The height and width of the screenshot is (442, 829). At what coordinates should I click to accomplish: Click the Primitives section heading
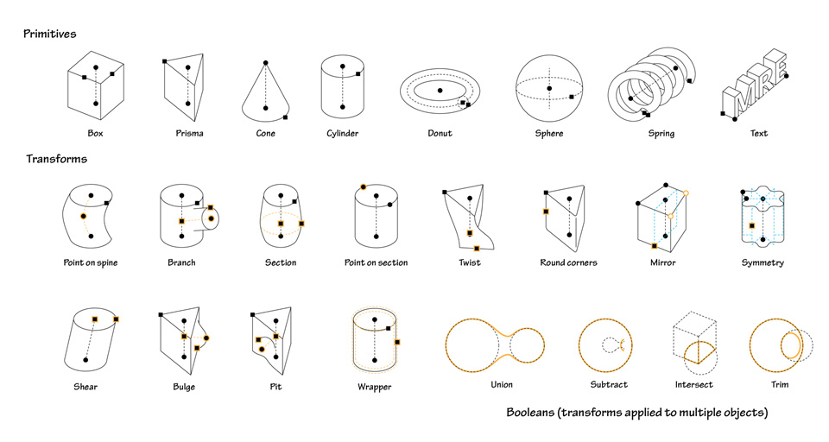50,34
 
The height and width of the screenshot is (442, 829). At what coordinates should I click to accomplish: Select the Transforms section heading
56,159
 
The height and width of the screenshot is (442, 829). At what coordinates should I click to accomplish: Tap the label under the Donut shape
440,134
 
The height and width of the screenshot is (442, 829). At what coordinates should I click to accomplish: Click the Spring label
661,134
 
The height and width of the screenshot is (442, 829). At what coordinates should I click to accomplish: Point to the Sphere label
548,134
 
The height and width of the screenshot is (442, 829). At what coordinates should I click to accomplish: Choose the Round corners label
568,262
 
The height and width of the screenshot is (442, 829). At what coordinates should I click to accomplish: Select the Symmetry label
763,262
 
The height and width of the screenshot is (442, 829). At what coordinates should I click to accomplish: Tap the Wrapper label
374,387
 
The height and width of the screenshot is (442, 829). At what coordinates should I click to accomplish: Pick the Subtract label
609,384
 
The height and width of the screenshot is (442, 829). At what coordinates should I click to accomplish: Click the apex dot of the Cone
266,63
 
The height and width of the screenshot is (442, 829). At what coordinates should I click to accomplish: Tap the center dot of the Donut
440,90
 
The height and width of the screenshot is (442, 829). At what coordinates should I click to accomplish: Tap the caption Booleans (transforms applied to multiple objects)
636,414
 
